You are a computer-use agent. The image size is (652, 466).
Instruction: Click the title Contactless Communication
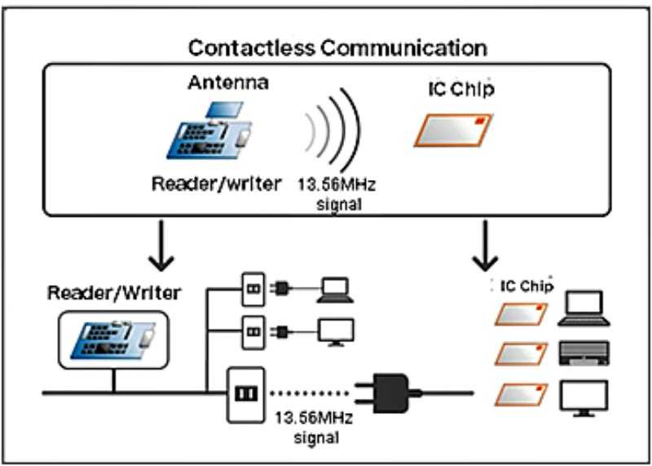pyautogui.click(x=337, y=47)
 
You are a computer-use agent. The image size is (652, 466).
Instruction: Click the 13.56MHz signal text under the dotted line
pyautogui.click(x=313, y=428)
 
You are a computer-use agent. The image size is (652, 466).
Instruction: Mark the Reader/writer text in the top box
pyautogui.click(x=215, y=184)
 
